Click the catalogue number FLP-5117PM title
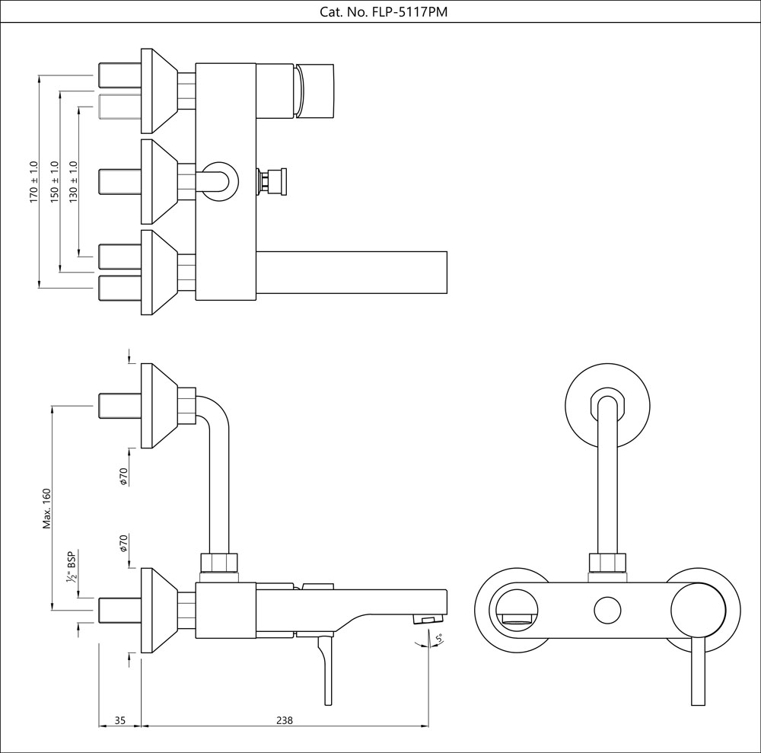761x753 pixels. point(380,11)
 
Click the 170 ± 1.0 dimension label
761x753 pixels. point(33,181)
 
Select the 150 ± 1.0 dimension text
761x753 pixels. point(54,181)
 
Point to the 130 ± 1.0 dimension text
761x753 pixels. point(74,181)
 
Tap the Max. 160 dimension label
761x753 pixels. point(46,508)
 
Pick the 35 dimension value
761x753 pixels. point(119,719)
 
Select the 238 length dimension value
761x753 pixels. point(285,719)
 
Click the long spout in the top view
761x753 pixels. point(350,272)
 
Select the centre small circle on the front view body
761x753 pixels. point(607,611)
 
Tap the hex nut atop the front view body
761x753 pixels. point(607,564)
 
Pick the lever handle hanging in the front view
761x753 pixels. point(696,674)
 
